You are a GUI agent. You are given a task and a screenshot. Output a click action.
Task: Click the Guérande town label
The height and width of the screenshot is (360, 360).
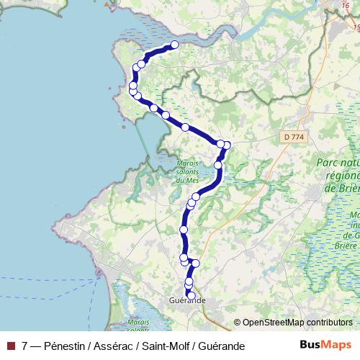click(x=187, y=300)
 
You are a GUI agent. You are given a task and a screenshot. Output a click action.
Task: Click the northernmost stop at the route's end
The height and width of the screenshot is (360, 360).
click(x=174, y=45)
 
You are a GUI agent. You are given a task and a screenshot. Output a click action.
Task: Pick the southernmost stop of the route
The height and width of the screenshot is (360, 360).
click(x=191, y=294)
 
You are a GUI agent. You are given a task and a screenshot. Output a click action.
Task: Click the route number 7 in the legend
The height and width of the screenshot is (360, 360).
click(x=25, y=346)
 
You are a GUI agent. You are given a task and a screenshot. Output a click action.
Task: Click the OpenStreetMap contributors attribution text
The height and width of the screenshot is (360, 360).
click(x=297, y=323)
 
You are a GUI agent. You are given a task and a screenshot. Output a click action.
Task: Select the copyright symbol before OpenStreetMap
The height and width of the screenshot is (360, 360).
click(x=237, y=323)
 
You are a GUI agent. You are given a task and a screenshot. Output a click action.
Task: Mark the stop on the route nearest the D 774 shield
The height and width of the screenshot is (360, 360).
click(x=226, y=145)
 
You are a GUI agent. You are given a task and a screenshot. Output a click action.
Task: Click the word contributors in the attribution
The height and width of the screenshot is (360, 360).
click(x=330, y=323)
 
